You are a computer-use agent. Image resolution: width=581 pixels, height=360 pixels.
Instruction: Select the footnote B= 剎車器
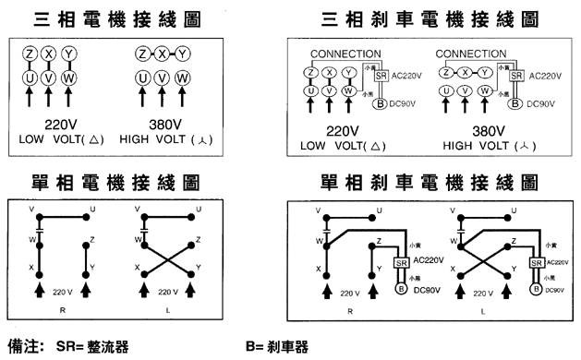tap(276, 347)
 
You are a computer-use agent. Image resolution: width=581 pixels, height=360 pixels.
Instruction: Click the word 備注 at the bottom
tap(23, 347)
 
